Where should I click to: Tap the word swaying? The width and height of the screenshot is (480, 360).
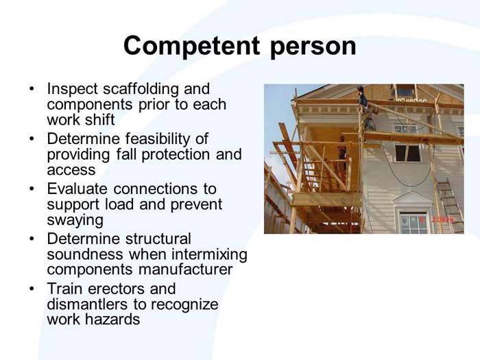75,220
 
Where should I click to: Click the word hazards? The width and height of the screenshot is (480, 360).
115,320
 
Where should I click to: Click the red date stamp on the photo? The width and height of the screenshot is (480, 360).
444,219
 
